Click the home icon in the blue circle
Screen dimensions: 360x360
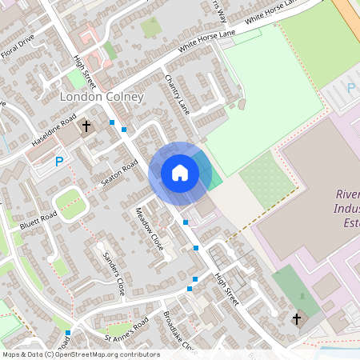point(180,172)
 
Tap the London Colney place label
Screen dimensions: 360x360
point(102,97)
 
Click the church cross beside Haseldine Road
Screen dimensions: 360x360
point(86,126)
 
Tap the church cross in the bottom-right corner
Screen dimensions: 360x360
point(297,319)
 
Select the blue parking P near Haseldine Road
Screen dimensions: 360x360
point(58,162)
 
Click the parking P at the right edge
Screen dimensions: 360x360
point(350,87)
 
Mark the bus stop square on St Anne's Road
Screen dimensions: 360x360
point(68,332)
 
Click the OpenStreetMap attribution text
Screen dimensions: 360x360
point(80,354)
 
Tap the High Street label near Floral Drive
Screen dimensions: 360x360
point(83,73)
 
